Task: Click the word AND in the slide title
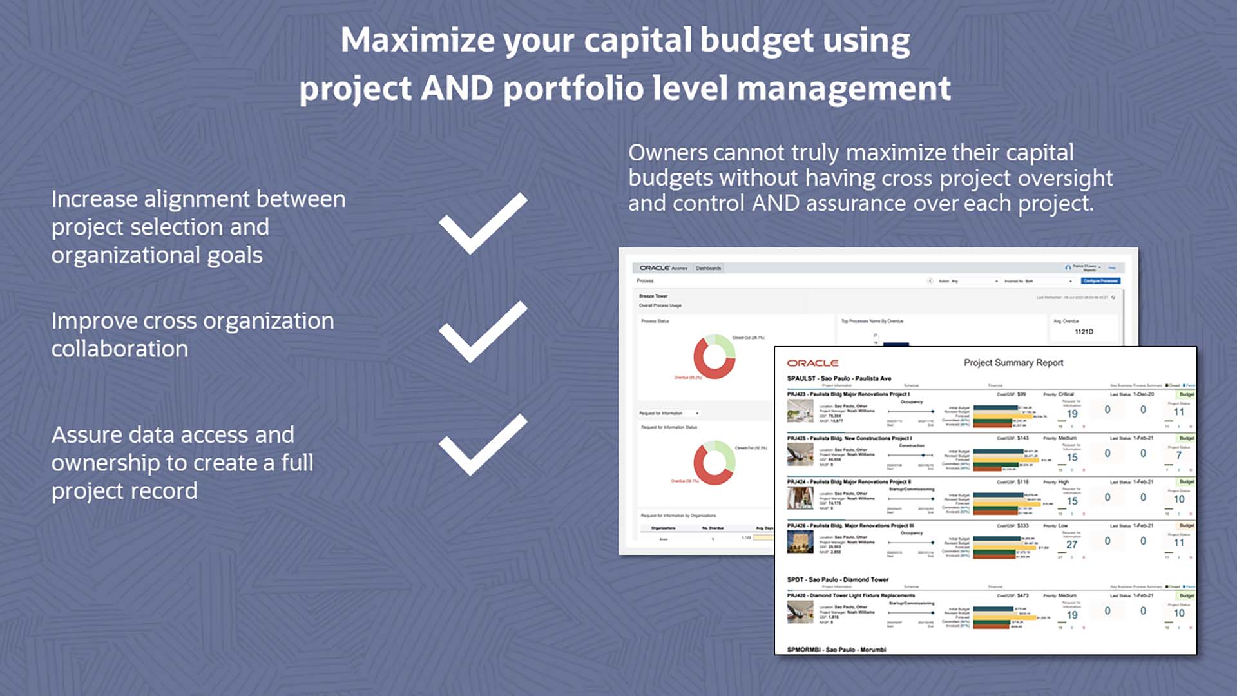[457, 88]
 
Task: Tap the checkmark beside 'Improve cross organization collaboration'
[483, 333]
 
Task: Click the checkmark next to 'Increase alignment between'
[483, 224]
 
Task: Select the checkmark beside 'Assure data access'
[483, 445]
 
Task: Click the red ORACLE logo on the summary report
[812, 363]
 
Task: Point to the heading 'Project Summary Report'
[1013, 363]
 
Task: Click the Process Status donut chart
[714, 356]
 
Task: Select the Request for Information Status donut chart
[714, 463]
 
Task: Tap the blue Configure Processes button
[1100, 281]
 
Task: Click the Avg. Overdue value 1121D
[1084, 332]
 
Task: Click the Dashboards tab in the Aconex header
[708, 268]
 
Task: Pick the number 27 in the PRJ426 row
[1071, 545]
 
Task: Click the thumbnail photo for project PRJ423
[800, 411]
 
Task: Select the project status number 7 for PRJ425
[1178, 456]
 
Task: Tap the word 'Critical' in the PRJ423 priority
[1066, 394]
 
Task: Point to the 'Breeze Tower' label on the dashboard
[653, 296]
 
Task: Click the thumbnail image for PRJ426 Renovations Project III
[800, 542]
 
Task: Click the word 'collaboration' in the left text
[120, 349]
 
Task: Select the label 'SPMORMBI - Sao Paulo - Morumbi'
[836, 650]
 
